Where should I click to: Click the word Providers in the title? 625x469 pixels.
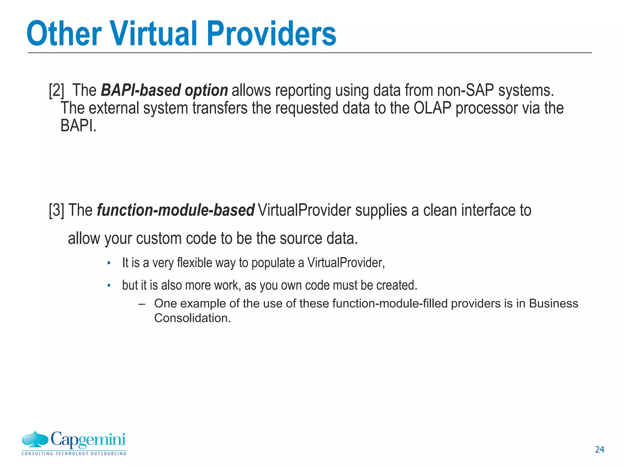coord(271,34)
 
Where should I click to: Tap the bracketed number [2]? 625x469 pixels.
coord(56,90)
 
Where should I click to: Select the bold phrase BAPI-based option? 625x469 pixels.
coord(164,90)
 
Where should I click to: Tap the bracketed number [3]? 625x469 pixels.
coord(56,210)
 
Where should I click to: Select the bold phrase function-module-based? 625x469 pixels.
coord(175,210)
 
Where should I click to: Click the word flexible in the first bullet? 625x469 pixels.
coord(194,263)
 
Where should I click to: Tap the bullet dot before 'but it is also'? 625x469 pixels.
coord(109,286)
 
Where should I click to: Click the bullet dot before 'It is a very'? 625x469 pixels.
coord(109,263)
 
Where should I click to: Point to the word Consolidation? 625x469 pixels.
coord(192,318)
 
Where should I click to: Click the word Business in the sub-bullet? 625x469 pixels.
coord(553,304)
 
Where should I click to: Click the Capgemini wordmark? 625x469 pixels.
coord(88,440)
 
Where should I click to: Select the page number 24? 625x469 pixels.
coord(599,449)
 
